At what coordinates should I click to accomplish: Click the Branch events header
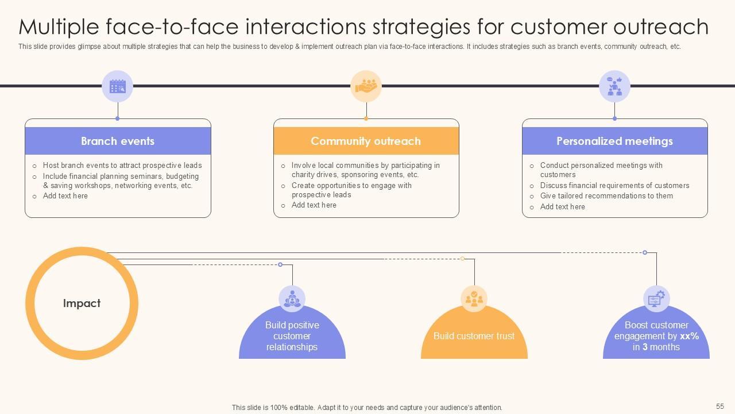pyautogui.click(x=118, y=141)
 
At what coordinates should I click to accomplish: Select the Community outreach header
pyautogui.click(x=366, y=141)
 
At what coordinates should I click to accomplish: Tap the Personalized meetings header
pyautogui.click(x=614, y=141)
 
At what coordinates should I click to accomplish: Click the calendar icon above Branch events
pyautogui.click(x=118, y=87)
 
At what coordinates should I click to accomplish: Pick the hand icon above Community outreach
pyautogui.click(x=366, y=87)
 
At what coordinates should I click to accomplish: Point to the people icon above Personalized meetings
pyautogui.click(x=614, y=87)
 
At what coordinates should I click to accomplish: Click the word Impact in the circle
pyautogui.click(x=82, y=303)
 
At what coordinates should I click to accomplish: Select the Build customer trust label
pyautogui.click(x=474, y=336)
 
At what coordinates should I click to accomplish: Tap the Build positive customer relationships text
pyautogui.click(x=292, y=336)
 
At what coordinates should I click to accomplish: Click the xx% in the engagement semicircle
pyautogui.click(x=689, y=336)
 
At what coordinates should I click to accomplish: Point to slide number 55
pyautogui.click(x=720, y=406)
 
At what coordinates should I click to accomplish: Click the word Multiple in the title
pyautogui.click(x=57, y=27)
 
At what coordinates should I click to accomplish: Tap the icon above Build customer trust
pyautogui.click(x=474, y=298)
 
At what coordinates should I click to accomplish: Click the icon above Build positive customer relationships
pyautogui.click(x=292, y=298)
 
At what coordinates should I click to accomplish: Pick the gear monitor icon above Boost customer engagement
pyautogui.click(x=656, y=298)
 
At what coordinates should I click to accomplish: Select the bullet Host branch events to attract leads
pyautogui.click(x=122, y=166)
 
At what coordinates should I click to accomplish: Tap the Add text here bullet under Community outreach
pyautogui.click(x=314, y=205)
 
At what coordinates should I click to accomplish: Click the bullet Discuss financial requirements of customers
pyautogui.click(x=614, y=186)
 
